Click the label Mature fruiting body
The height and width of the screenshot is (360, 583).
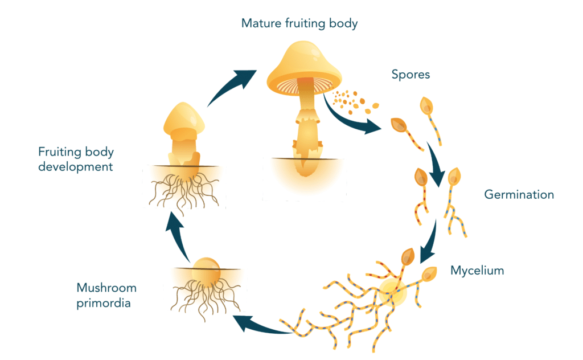(299, 24)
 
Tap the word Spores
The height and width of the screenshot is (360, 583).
(410, 74)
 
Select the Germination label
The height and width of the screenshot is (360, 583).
(519, 195)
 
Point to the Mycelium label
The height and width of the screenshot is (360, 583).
(477, 270)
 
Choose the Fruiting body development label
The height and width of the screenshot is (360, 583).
(76, 159)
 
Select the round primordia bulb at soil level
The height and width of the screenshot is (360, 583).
(204, 269)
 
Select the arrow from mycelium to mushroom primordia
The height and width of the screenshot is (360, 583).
(259, 326)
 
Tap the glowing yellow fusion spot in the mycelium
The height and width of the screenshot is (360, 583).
(393, 293)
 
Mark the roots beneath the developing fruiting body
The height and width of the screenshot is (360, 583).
(182, 191)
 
